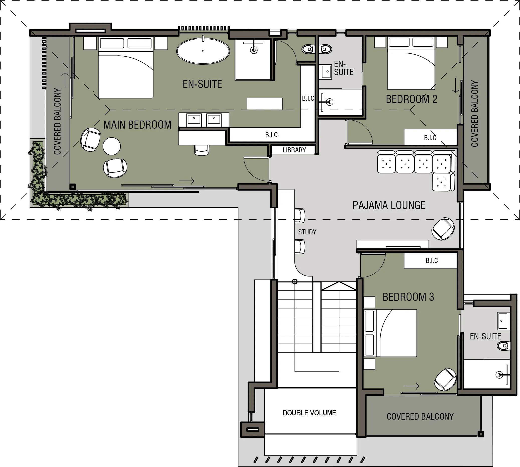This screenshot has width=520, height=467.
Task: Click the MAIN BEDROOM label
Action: point(137,125)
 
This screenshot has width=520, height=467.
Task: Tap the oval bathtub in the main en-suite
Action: point(203,51)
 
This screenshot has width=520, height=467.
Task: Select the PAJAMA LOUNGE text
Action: point(389,205)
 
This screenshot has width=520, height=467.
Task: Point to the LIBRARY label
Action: point(294,150)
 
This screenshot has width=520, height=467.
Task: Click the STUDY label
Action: point(307,232)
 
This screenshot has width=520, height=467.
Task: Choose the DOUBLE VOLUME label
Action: point(309,413)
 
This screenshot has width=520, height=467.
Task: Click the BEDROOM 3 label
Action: point(408,297)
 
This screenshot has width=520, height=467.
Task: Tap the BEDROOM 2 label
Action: point(411,99)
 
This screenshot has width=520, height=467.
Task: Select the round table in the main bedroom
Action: point(112,146)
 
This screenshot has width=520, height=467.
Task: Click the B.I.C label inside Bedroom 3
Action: point(432,261)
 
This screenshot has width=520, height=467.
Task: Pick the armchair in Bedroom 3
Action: point(445,380)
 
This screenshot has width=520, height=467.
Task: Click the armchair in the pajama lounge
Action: point(443,229)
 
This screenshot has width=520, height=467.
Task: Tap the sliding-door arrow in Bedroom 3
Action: point(411,386)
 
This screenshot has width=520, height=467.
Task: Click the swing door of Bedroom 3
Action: point(372,265)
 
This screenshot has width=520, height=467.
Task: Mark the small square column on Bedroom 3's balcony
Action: point(481,434)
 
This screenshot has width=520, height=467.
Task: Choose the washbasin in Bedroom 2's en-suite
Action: point(326,72)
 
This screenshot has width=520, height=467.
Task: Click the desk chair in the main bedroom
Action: point(202,150)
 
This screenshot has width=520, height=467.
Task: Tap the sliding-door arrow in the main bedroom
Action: point(186,181)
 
